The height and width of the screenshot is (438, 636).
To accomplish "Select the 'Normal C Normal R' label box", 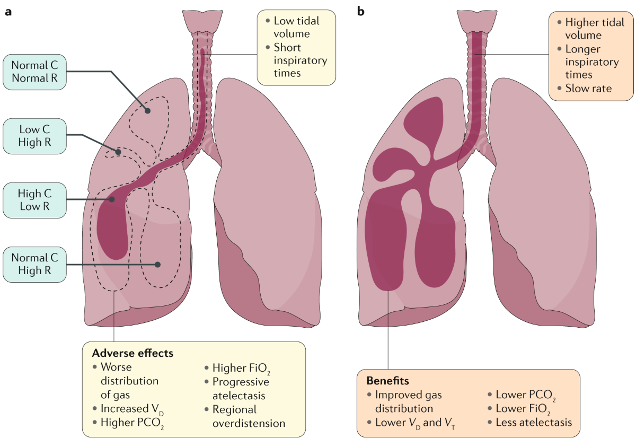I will [x=34, y=73].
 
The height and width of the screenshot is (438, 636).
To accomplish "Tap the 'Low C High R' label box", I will [x=34, y=135].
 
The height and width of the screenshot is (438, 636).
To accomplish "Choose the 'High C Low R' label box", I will [x=34, y=200].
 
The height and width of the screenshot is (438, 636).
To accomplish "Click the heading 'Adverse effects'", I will [x=132, y=353].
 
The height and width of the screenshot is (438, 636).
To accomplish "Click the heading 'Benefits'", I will [x=387, y=381].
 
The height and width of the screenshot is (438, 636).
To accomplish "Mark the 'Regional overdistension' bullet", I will [x=249, y=416].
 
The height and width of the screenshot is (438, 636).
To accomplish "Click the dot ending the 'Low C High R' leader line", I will [x=119, y=152].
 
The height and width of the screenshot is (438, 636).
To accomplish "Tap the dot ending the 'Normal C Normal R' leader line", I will [x=148, y=111].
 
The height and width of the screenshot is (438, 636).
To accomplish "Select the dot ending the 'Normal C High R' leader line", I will [x=157, y=264].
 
